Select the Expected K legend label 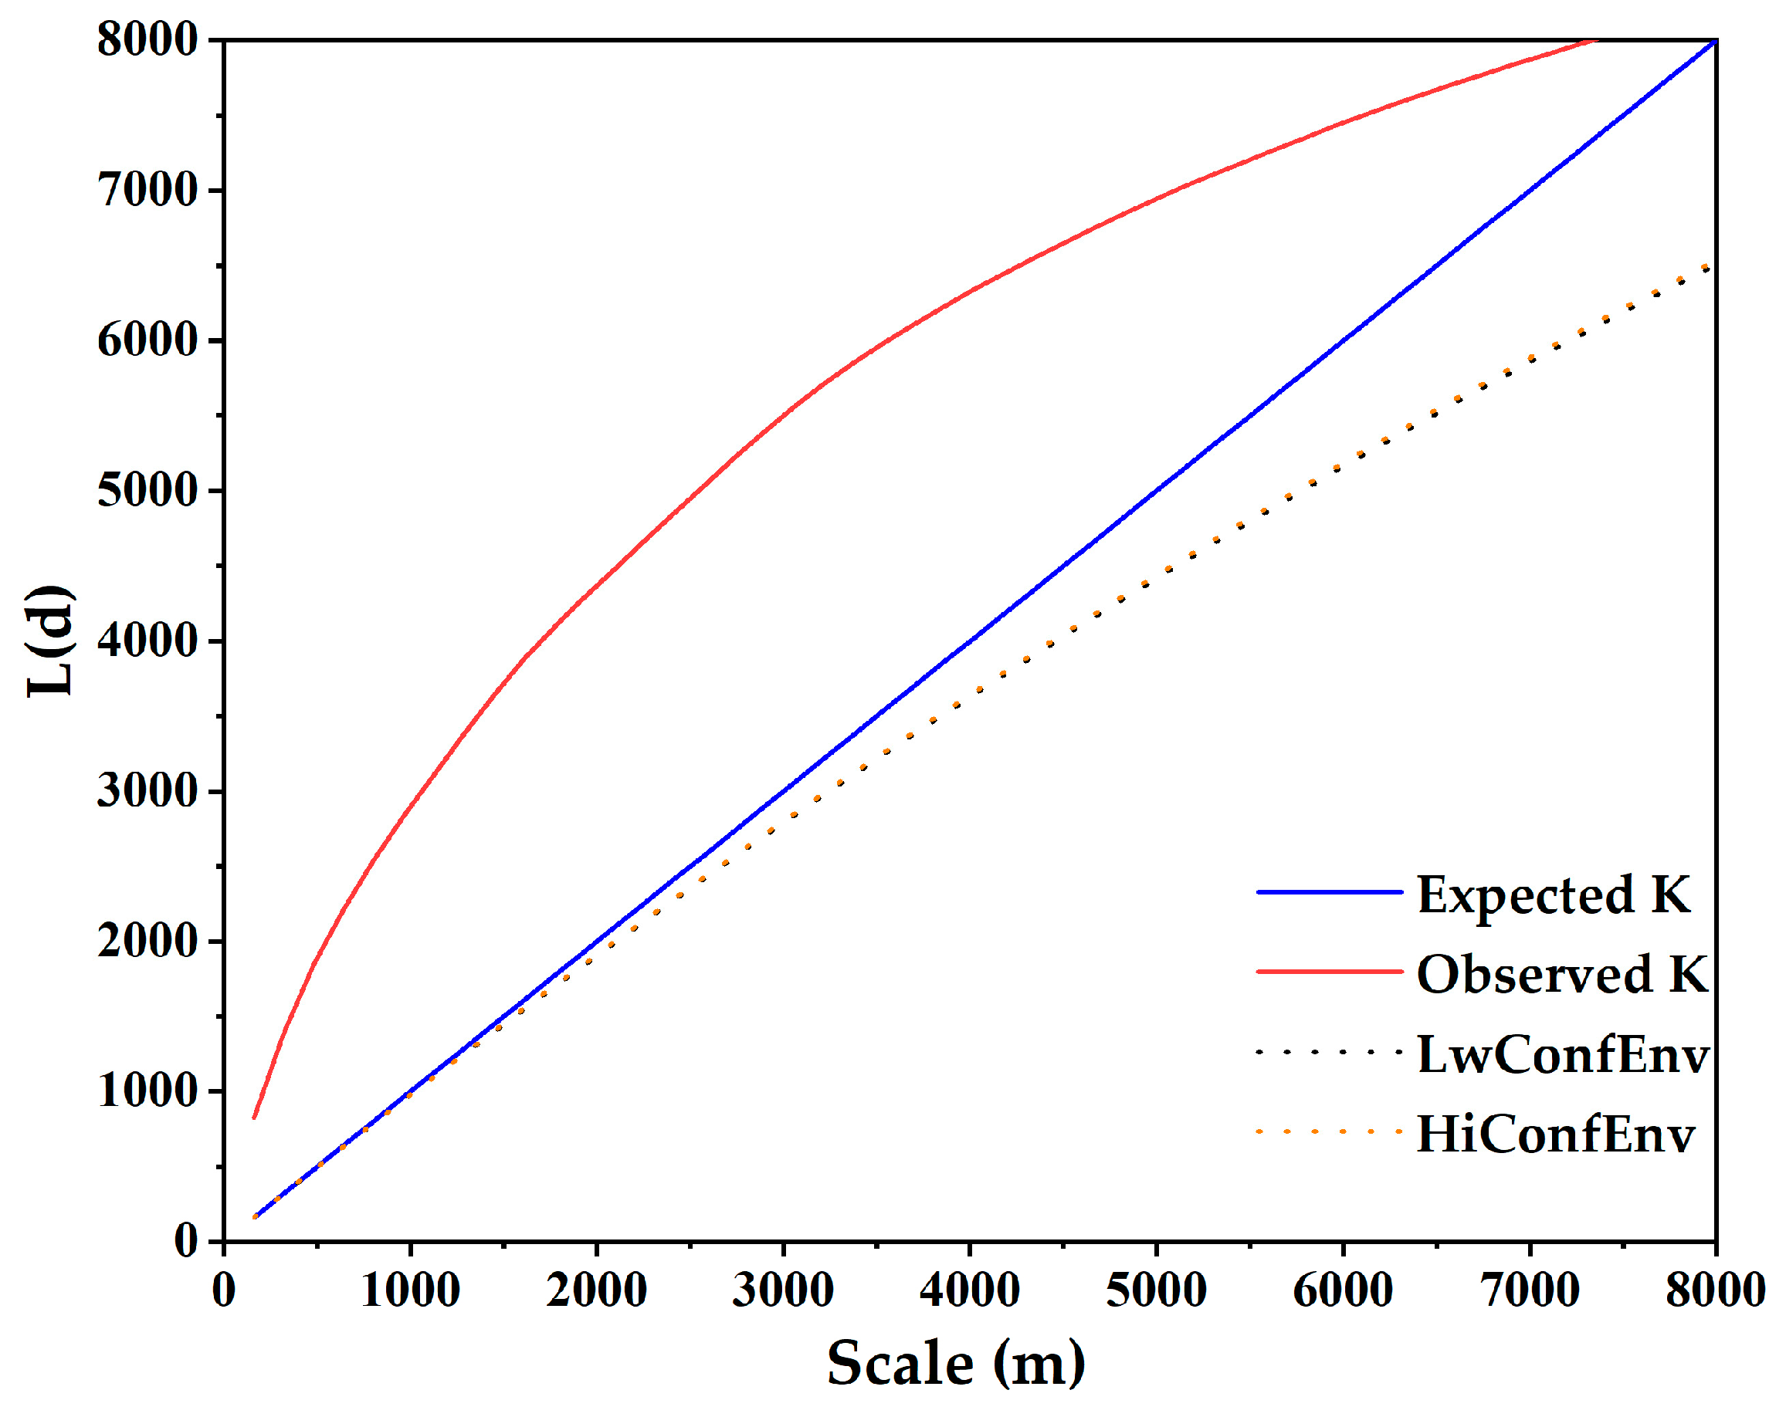(1554, 895)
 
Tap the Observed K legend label (1561, 974)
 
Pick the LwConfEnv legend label (1562, 1054)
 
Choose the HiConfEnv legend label (1556, 1134)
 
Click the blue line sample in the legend (1329, 892)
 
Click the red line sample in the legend (1329, 972)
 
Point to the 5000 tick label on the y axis (147, 490)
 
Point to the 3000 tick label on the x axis (782, 1290)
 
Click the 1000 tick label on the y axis (147, 1091)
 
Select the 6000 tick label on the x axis (1342, 1290)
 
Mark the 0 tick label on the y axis (185, 1240)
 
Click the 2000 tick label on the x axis (595, 1290)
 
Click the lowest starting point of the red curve (254, 1118)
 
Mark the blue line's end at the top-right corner (1713, 41)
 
